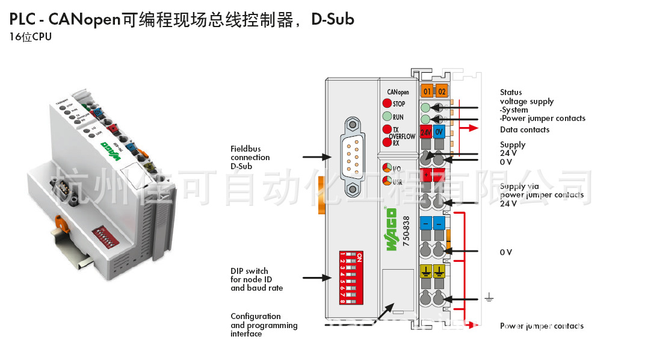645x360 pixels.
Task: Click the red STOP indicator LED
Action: pos(387,104)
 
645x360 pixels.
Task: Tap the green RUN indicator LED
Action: pos(387,117)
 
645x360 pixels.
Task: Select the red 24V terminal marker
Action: pos(425,132)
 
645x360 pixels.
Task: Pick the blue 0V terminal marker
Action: pos(439,132)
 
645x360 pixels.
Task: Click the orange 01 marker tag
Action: pos(427,92)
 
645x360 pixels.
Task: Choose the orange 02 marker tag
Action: pos(442,92)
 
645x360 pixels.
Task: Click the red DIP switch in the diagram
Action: pos(353,272)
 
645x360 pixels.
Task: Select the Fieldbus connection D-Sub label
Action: pos(250,157)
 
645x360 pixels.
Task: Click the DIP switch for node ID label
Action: pos(256,279)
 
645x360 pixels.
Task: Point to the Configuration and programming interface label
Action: pos(264,325)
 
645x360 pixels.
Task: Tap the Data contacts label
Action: pos(524,129)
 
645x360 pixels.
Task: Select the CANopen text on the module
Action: pos(398,92)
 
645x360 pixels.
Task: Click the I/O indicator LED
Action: pos(388,167)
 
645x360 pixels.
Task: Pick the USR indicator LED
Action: pos(388,181)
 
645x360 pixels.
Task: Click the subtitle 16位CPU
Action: pos(31,37)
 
